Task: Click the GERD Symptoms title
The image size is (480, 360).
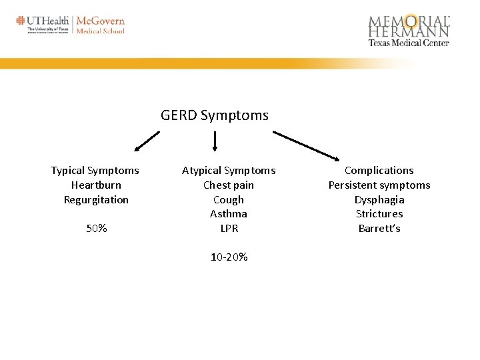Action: pos(214,115)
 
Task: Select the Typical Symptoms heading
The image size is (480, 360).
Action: pos(95,171)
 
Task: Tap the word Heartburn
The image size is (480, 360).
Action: pos(96,185)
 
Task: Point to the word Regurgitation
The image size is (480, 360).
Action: pos(96,200)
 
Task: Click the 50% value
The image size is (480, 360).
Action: pos(96,229)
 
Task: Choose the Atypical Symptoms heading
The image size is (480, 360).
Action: pos(229,171)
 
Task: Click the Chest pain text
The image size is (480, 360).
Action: pos(229,185)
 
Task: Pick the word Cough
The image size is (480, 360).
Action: pos(229,200)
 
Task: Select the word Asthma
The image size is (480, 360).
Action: pos(229,214)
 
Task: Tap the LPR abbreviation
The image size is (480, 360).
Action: pos(229,229)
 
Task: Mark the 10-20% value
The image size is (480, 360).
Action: pos(229,257)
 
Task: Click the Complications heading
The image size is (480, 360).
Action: pos(379,171)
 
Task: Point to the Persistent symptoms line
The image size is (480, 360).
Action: pos(379,185)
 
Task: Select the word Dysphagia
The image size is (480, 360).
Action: pos(379,200)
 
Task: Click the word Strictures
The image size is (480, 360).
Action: pos(379,214)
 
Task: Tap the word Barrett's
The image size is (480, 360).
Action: pos(379,229)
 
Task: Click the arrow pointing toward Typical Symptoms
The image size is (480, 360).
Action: pos(147,141)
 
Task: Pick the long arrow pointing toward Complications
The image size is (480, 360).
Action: pos(307,145)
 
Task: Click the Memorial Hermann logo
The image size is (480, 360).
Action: pos(409,30)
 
